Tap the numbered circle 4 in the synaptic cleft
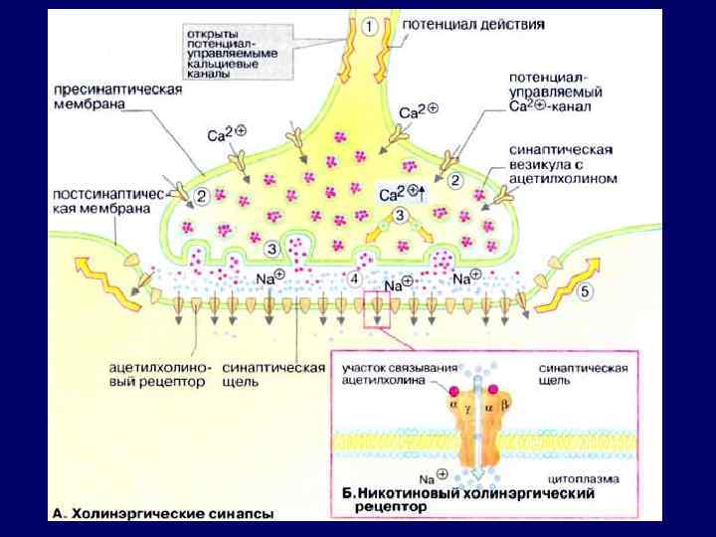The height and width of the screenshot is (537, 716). click(355, 279)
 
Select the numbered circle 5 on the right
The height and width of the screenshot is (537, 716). click(586, 291)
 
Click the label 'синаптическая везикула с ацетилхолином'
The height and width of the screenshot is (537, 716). click(564, 163)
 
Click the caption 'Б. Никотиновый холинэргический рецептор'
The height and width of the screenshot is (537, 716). click(468, 498)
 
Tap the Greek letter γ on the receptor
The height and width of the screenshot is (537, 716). click(466, 408)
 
